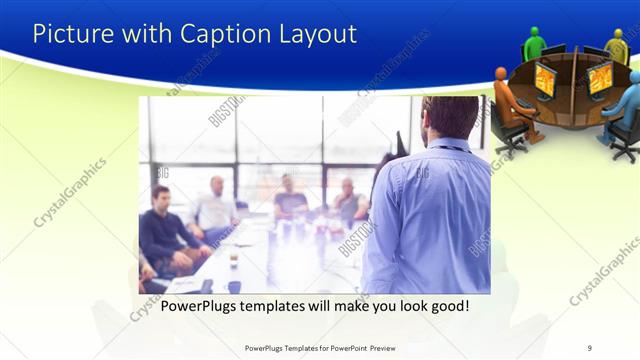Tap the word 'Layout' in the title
click(318, 34)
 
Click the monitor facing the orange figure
click(545, 79)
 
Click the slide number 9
click(590, 348)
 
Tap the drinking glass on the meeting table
click(233, 258)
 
